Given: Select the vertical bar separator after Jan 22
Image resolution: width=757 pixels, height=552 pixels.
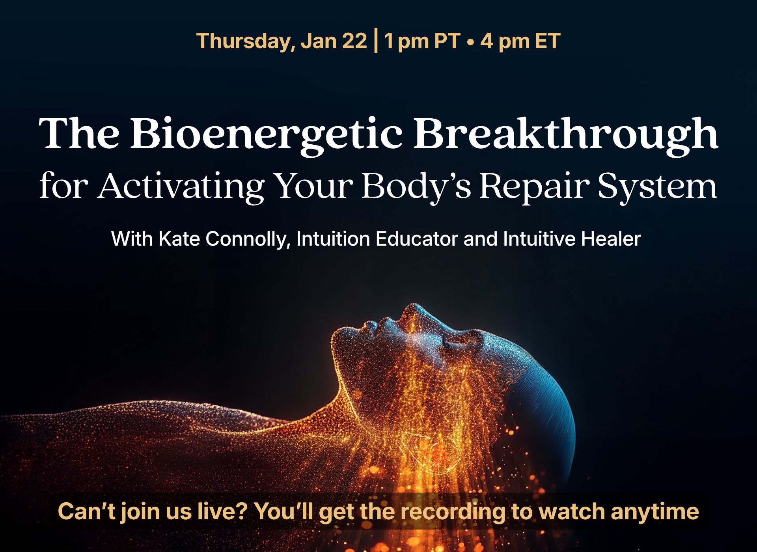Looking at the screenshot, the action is (375, 41).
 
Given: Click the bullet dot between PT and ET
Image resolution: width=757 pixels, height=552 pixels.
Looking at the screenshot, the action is (470, 42).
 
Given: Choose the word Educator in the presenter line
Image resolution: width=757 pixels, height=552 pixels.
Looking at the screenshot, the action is (417, 239).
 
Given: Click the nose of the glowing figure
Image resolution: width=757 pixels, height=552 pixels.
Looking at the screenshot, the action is (412, 311).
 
